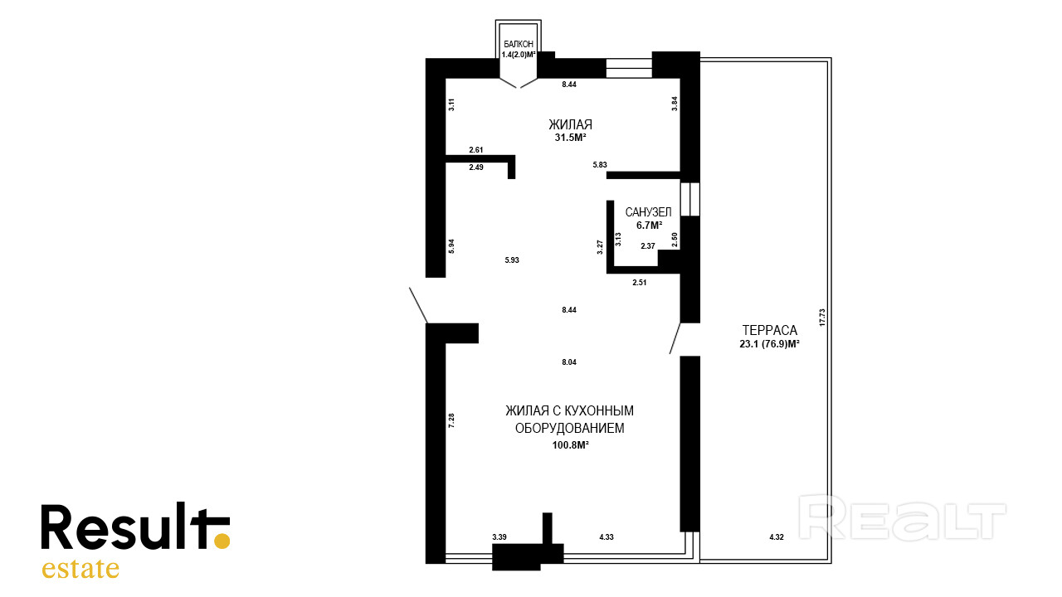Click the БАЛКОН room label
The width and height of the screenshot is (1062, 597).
[519, 44]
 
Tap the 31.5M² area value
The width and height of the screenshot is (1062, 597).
[571, 138]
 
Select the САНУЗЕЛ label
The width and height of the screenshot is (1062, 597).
[648, 211]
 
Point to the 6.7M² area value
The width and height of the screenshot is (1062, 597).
[649, 225]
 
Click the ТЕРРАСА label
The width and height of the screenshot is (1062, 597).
[769, 330]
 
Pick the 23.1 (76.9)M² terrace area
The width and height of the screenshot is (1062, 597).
[769, 344]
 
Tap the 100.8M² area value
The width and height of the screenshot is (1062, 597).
[570, 445]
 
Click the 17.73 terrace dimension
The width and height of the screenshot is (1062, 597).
[822, 318]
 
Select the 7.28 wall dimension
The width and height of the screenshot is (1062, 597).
[451, 420]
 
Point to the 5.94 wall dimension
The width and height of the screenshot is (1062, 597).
[451, 246]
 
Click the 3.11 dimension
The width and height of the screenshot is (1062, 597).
[451, 104]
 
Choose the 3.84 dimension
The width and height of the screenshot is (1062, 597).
[675, 104]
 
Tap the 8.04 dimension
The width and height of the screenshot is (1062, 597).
[569, 362]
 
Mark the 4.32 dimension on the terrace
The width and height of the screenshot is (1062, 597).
[776, 536]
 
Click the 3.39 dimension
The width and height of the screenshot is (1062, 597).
[499, 536]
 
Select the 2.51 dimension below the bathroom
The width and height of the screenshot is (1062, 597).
[639, 283]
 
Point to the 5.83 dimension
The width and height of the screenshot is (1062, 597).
[600, 165]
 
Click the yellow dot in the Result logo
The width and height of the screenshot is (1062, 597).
[222, 541]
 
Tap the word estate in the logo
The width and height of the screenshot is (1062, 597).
[80, 569]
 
